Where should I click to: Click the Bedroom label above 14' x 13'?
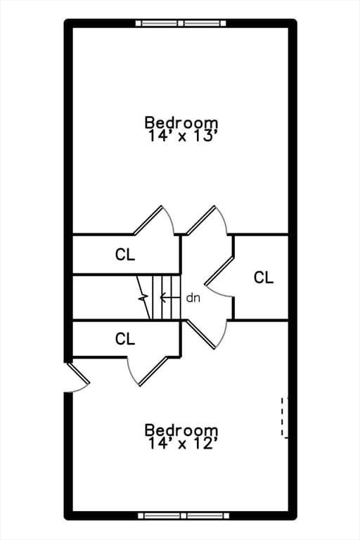pos(181,122)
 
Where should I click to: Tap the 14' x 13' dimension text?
pos(183,136)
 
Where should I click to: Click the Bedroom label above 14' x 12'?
pos(181,430)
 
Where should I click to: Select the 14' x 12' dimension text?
pos(183,443)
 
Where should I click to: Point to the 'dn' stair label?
pos(193,298)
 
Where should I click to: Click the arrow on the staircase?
pos(170,297)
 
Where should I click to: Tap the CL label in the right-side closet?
pos(264,277)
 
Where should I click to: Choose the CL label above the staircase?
pos(125,255)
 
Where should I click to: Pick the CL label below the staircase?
pos(125,339)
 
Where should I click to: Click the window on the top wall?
pos(181,23)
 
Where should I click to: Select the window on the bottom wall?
pos(184,515)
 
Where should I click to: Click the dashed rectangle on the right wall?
pos(285,418)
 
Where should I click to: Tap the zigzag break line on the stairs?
pos(143,297)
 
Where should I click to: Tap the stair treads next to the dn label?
pos(166,297)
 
